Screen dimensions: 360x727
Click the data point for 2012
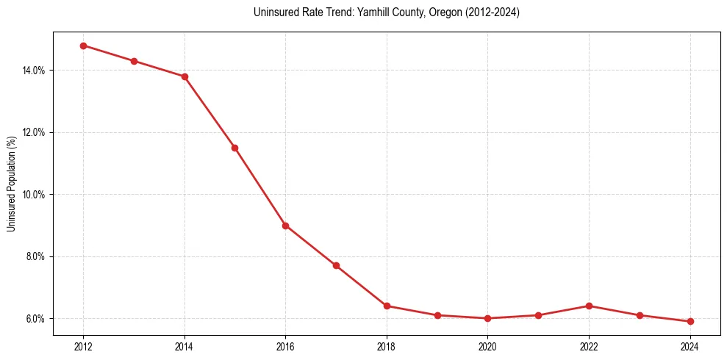point(83,46)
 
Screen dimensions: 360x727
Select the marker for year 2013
point(134,61)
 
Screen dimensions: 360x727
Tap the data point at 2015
point(234,148)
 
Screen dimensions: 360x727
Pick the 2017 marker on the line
point(336,265)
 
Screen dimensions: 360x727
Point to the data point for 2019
point(437,315)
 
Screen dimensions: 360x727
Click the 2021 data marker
point(538,315)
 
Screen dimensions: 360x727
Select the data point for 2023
point(640,315)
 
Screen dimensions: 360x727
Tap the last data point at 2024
point(690,321)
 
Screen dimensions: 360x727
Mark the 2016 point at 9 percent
point(285,226)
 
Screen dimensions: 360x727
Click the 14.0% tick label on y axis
point(34,71)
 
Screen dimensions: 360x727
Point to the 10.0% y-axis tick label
point(34,195)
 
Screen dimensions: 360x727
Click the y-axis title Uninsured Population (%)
point(11,184)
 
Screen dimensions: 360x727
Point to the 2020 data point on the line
point(487,318)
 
